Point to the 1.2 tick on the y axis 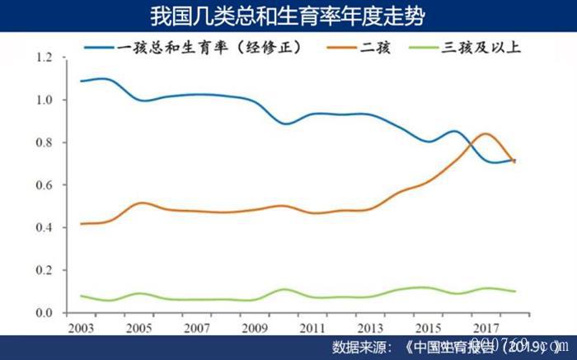44,58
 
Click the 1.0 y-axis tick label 44,101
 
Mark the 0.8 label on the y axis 44,143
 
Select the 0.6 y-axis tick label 44,185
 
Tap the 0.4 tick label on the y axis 44,228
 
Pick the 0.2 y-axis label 44,270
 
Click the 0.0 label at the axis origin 44,313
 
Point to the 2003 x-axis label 80,327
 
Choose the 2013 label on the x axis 368,327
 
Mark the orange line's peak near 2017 486,133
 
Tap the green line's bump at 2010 284,289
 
